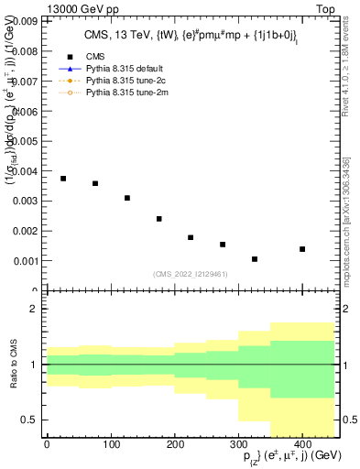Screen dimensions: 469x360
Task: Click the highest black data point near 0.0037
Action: click(x=63, y=179)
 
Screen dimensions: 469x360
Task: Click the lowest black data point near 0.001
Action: click(x=255, y=259)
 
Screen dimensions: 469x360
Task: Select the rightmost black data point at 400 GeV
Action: click(x=302, y=249)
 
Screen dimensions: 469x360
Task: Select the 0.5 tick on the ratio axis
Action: click(x=30, y=420)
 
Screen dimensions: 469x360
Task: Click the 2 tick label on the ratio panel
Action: click(x=34, y=309)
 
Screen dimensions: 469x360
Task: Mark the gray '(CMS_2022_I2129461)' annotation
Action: click(x=191, y=273)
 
